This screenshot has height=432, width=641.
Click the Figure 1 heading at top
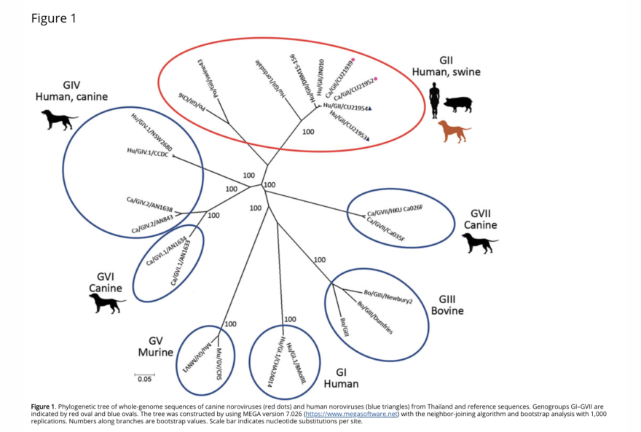53,18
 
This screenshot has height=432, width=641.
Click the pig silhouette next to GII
458,103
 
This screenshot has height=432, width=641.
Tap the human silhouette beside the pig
435,100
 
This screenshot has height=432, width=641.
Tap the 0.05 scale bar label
145,379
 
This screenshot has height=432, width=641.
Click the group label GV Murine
155,346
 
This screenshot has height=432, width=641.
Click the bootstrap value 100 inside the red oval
308,132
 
